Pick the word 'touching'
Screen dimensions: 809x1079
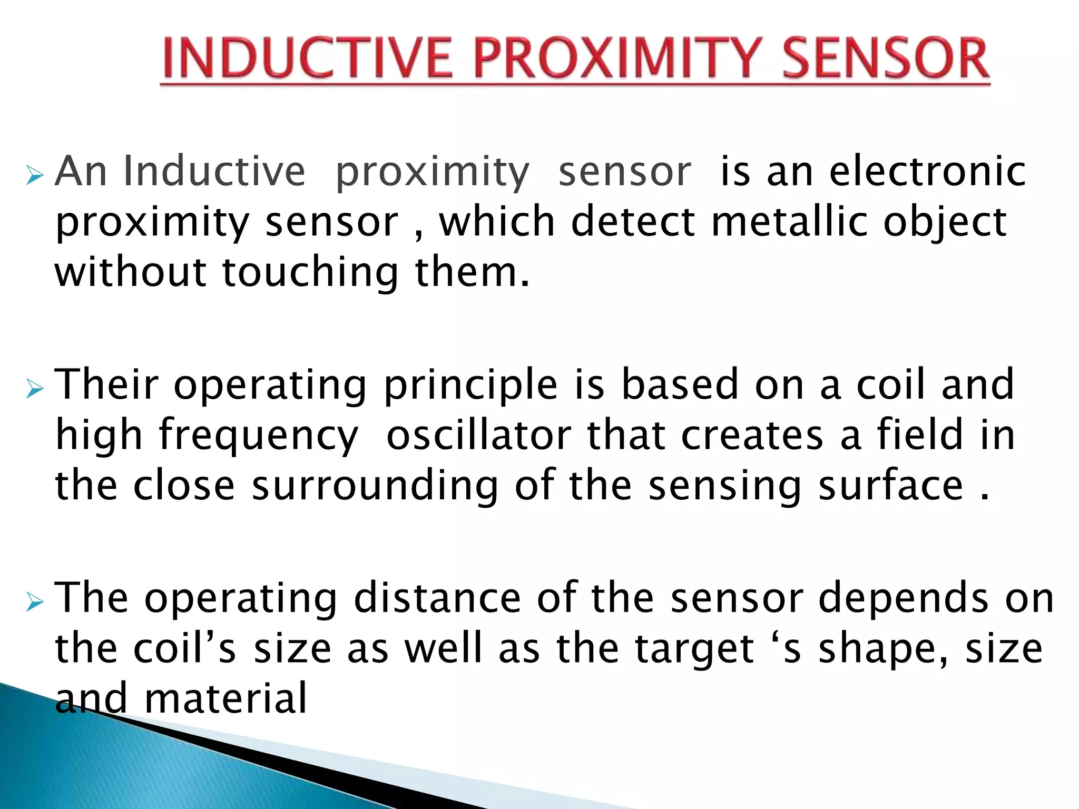coord(310,273)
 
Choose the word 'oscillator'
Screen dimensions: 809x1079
coord(478,435)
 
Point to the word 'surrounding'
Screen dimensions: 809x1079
coord(375,486)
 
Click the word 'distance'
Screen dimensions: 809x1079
coord(437,598)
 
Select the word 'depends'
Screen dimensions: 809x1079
coord(903,598)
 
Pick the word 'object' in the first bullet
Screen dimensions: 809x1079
coord(945,222)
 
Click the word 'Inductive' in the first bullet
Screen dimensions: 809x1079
coord(214,171)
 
